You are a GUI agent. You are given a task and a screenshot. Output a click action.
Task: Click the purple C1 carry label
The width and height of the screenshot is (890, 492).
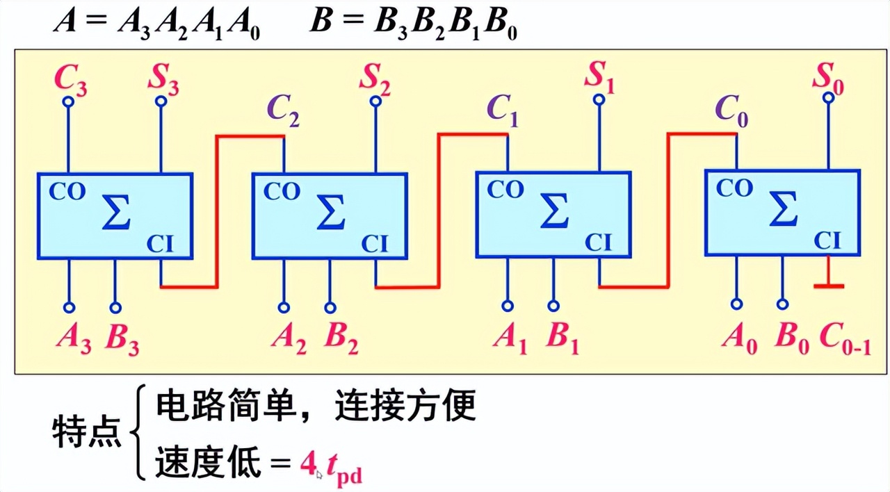503,110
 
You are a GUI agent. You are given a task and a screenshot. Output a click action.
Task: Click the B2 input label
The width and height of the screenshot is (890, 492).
341,338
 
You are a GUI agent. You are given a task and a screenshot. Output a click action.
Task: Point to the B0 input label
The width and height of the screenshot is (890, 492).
791,338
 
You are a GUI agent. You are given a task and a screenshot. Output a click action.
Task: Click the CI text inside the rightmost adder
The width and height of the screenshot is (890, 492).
827,240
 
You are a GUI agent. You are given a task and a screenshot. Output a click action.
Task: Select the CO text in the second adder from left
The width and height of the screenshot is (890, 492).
282,192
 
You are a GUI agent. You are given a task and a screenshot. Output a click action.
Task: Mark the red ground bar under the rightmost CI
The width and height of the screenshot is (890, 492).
828,286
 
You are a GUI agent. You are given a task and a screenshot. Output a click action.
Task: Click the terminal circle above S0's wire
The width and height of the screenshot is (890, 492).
828,98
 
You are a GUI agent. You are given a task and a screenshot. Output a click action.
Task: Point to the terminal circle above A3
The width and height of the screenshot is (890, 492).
69,307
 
